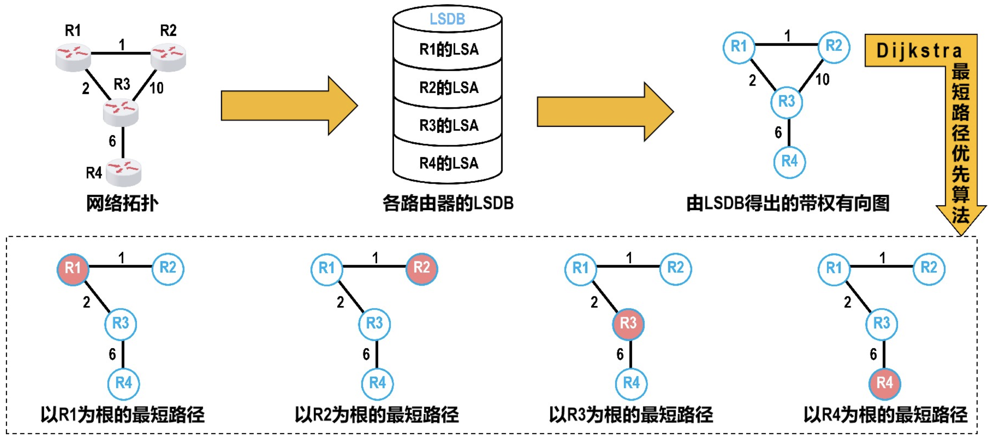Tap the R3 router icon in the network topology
(x=121, y=112)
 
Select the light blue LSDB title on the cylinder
(x=447, y=19)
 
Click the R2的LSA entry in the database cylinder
(x=449, y=87)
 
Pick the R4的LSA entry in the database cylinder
(x=449, y=163)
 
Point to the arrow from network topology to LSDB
(x=289, y=106)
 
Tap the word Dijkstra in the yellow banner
(x=919, y=51)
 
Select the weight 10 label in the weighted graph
(x=823, y=80)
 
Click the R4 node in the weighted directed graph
(x=789, y=161)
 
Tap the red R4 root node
(x=885, y=383)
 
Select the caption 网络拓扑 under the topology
(x=122, y=203)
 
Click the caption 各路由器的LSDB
(x=448, y=203)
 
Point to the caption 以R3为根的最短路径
(x=631, y=415)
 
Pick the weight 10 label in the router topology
(x=157, y=88)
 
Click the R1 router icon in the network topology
(x=73, y=57)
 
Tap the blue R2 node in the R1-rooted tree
(x=168, y=268)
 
